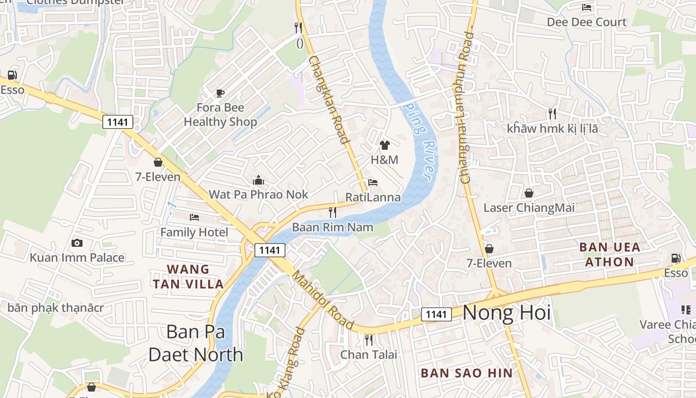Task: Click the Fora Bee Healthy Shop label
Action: point(220,115)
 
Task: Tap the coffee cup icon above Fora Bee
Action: point(220,93)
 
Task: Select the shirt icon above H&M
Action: point(384,145)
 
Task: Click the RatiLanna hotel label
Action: point(373,198)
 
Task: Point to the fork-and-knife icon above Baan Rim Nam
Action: point(333,212)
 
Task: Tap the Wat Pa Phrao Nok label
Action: point(259,195)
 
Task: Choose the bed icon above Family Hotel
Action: point(194,217)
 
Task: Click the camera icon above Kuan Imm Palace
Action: point(77,243)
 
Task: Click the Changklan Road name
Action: point(328,99)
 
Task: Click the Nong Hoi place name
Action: point(507,312)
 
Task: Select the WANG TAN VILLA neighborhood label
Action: point(188,277)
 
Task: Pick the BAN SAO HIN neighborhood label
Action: point(466,373)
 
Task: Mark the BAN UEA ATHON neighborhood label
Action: point(609,254)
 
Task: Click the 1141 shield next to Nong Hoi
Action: point(436,314)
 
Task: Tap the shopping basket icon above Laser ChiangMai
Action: point(529,193)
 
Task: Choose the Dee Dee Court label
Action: point(587,22)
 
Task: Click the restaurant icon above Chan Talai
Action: point(368,340)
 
